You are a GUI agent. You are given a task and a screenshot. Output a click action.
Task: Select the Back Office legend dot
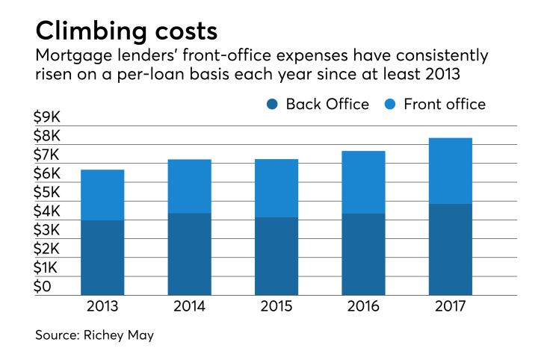click(271, 104)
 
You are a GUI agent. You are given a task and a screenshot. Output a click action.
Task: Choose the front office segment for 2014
click(189, 186)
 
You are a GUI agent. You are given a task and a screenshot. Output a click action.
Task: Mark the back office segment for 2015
click(276, 255)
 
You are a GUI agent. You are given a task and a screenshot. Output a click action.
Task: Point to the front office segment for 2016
click(363, 182)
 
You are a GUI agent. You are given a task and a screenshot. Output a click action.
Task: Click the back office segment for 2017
click(450, 249)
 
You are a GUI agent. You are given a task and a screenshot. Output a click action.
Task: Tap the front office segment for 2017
click(450, 170)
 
